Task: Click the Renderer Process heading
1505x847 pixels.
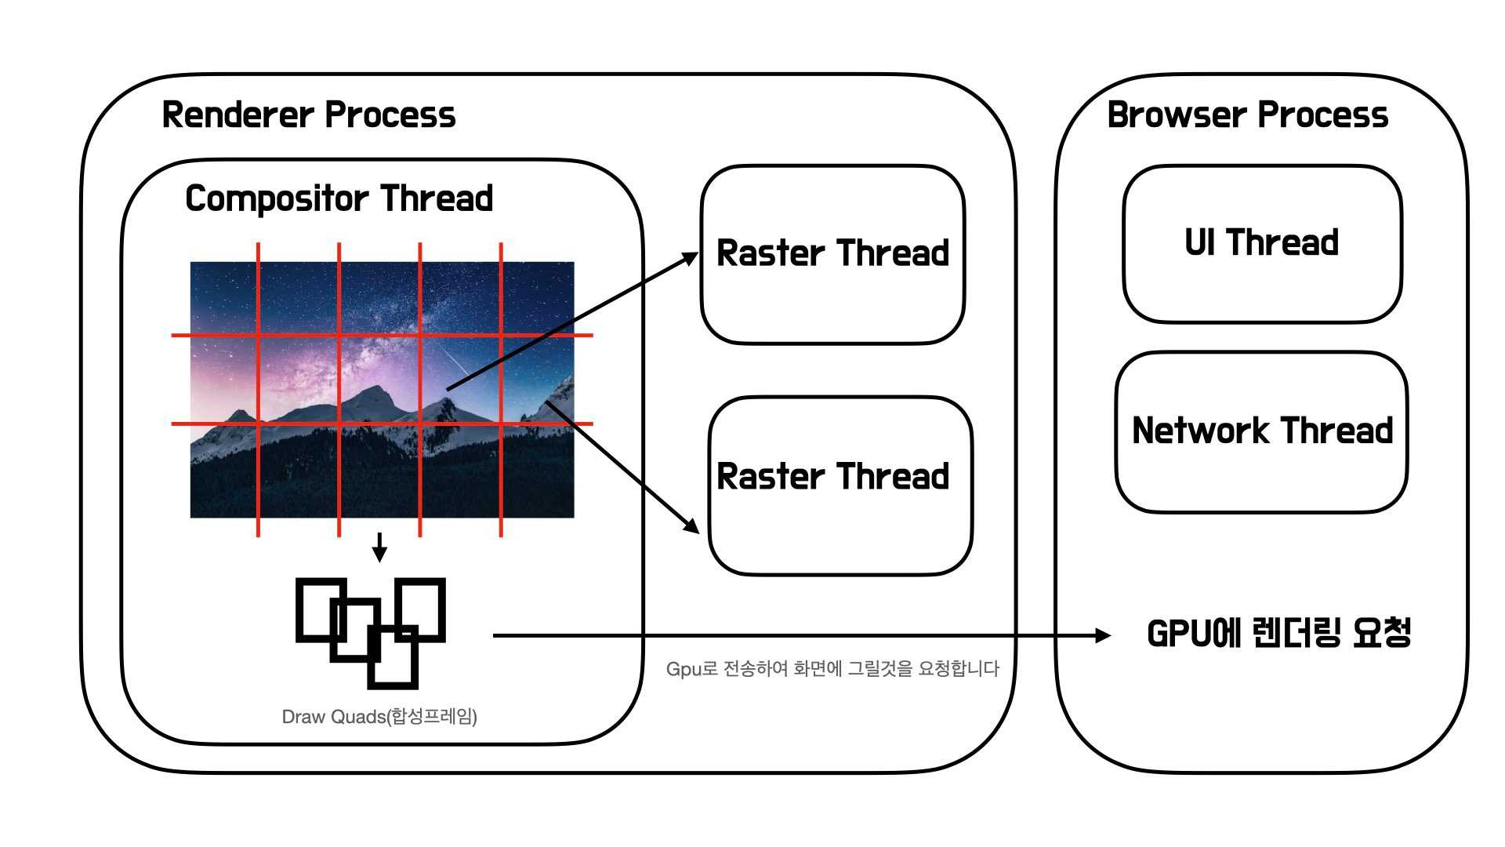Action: (x=308, y=115)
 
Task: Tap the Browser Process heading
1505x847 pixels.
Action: (x=1248, y=115)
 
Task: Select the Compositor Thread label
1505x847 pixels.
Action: (x=339, y=198)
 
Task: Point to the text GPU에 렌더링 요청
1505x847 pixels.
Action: (x=1279, y=634)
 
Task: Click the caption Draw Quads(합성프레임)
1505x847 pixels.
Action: (x=379, y=717)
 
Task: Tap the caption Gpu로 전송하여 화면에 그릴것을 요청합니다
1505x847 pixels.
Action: (x=832, y=669)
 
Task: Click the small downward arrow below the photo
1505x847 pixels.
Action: (x=379, y=547)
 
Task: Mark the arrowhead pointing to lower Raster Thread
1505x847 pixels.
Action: (x=692, y=526)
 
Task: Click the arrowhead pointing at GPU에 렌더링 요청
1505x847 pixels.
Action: (x=1104, y=635)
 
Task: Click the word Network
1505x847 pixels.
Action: (x=1202, y=431)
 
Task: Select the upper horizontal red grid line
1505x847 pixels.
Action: (x=383, y=335)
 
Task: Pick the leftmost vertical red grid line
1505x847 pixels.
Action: (x=258, y=390)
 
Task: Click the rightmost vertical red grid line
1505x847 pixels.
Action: (x=501, y=390)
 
